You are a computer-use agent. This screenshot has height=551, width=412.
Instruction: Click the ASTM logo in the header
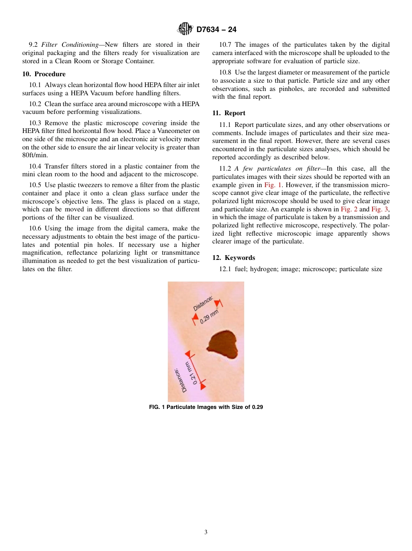tap(185, 29)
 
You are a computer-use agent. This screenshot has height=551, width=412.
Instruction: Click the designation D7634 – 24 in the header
tap(216, 29)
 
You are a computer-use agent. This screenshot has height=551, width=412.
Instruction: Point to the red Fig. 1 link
tap(273, 185)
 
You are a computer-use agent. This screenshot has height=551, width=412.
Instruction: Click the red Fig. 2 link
tap(349, 209)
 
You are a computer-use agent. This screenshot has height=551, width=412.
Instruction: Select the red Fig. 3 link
tap(380, 209)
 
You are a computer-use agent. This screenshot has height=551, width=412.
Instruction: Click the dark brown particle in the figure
tap(222, 342)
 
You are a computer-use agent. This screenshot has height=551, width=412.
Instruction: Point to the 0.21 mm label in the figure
tap(191, 373)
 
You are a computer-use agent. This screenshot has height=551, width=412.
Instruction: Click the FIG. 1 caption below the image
tap(206, 407)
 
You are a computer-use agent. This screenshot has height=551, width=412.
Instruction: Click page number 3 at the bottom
tap(206, 532)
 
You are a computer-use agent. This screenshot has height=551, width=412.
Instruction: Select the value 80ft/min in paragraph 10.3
tap(35, 156)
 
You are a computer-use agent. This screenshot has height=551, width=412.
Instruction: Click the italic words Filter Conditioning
tap(70, 45)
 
